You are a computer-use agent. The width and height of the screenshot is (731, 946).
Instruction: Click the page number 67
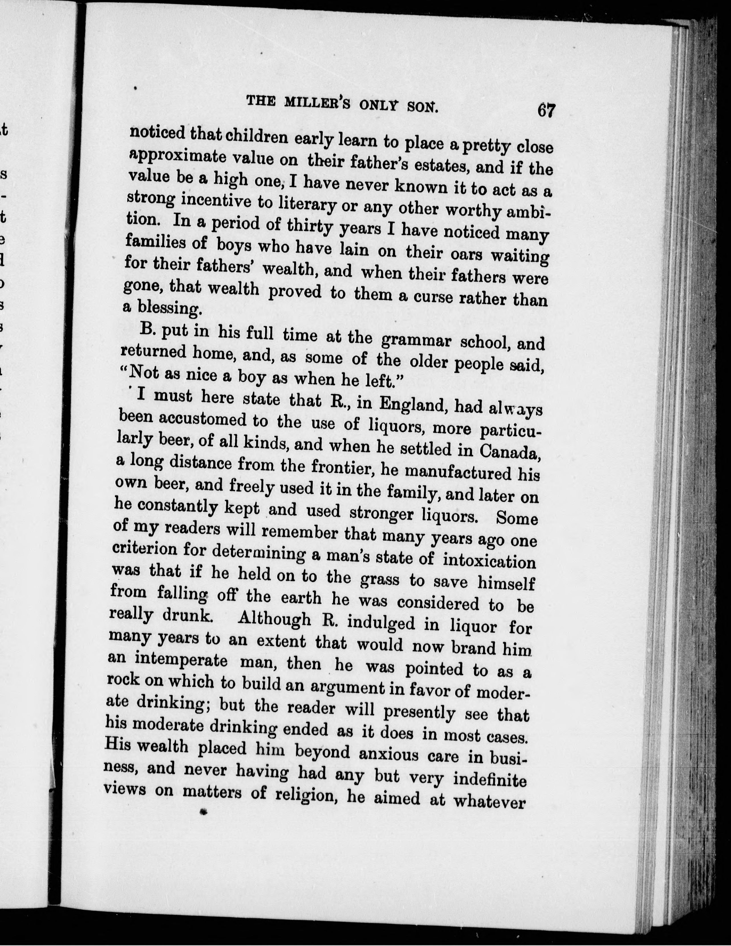546,111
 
